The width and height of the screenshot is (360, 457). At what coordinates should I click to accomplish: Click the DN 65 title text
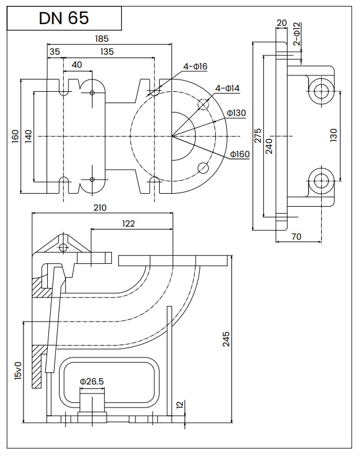point(64,18)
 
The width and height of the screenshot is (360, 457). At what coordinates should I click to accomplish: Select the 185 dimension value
point(102,38)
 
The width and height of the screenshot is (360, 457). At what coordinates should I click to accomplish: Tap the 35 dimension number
point(55,52)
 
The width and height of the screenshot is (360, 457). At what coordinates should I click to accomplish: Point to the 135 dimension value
point(107,52)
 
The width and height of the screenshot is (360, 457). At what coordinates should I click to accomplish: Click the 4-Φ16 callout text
point(195,67)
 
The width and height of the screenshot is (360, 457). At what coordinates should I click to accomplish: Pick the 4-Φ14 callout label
point(227,88)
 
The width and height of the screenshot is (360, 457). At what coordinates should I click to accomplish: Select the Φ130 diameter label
point(236,113)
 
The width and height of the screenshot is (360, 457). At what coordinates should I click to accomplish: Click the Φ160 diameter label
point(240,154)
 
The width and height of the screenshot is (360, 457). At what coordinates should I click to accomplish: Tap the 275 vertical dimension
point(258,135)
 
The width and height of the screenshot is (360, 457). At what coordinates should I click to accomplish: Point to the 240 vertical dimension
point(269,146)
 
